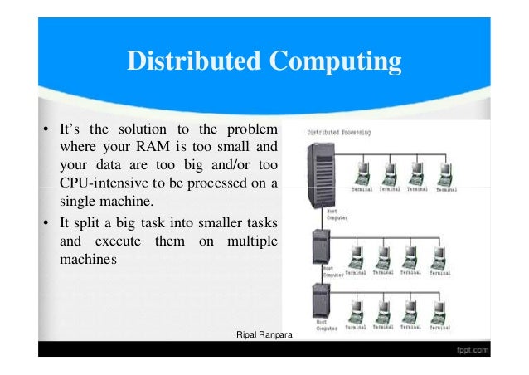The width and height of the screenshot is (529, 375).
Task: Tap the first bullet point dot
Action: click(46, 129)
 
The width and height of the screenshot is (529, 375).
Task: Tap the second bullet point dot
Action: click(46, 223)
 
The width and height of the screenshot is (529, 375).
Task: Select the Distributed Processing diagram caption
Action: click(339, 132)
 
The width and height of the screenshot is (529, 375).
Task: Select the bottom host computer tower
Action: click(319, 306)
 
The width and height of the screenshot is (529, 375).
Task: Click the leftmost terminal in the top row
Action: click(362, 173)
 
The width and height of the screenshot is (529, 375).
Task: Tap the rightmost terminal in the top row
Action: click(446, 173)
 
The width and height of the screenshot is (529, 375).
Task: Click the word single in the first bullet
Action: click(80, 201)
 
